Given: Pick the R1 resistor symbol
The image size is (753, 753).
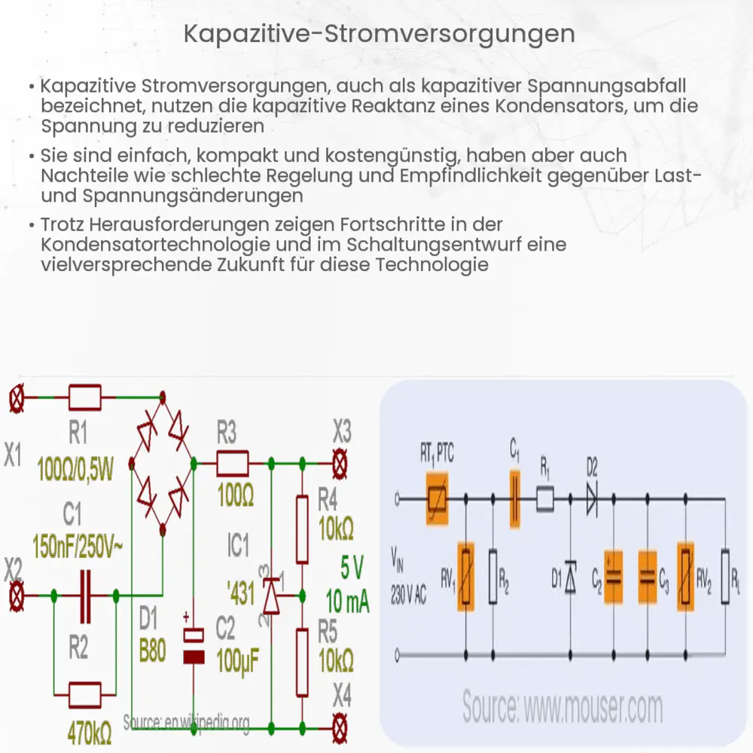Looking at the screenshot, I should [x=84, y=395].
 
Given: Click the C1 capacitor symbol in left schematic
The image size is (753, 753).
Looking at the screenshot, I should [x=87, y=596].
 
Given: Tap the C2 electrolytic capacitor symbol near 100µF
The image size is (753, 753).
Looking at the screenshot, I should [x=195, y=645].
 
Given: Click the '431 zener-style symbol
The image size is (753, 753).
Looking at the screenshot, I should [x=271, y=595].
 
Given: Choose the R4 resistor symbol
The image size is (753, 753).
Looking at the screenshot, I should [x=302, y=529].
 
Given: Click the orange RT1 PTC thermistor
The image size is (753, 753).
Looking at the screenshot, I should [x=436, y=498].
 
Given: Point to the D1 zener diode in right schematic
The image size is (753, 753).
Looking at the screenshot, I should [x=570, y=575].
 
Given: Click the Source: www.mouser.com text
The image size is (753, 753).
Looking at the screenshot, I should [x=562, y=707].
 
